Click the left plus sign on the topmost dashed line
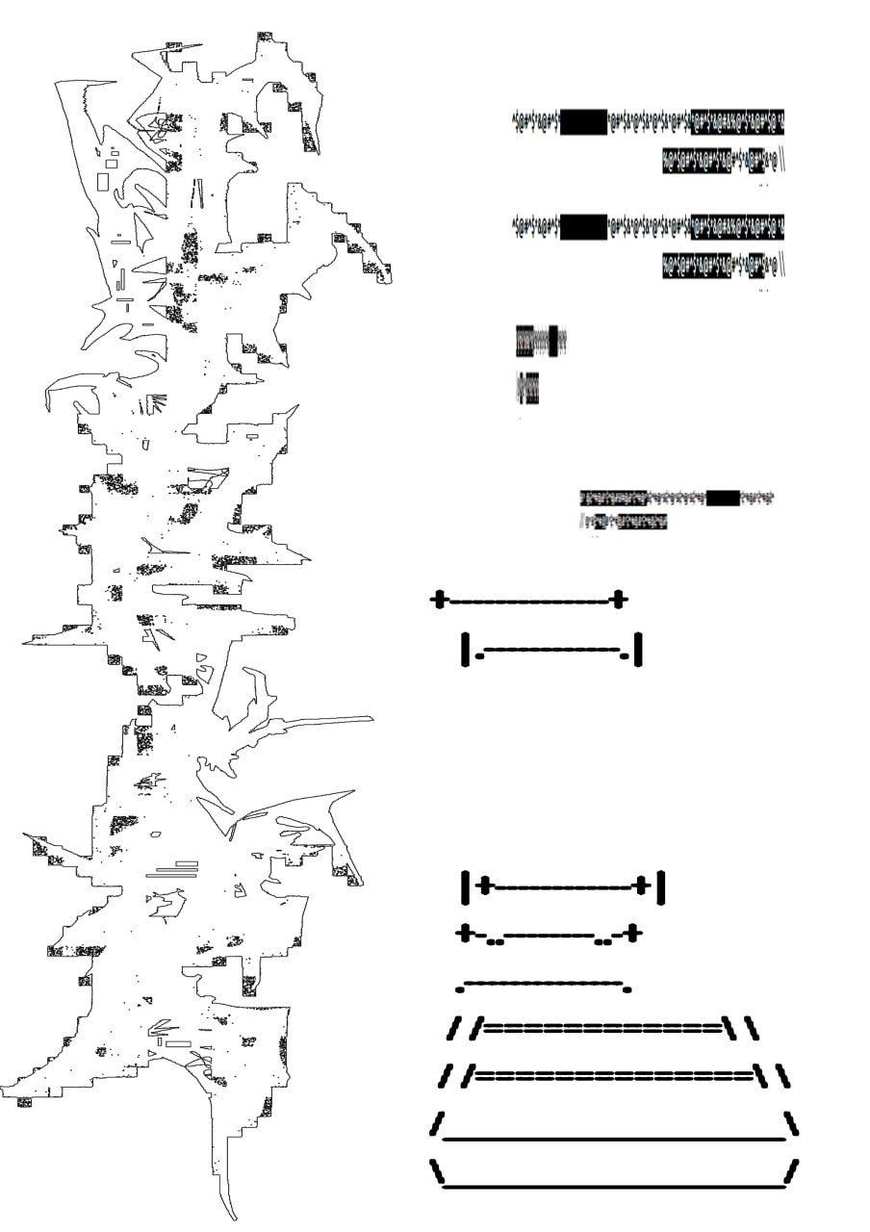[439, 600]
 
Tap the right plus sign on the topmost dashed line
[620, 599]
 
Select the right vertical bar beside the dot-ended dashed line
[637, 649]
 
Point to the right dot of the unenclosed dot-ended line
[627, 988]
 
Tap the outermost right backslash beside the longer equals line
[783, 1075]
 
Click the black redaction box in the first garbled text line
[583, 122]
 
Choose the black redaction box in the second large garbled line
[583, 228]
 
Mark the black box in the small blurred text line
[723, 498]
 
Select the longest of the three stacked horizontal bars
[171, 876]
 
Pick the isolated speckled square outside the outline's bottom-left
[24, 1102]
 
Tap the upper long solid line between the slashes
[614, 1140]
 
